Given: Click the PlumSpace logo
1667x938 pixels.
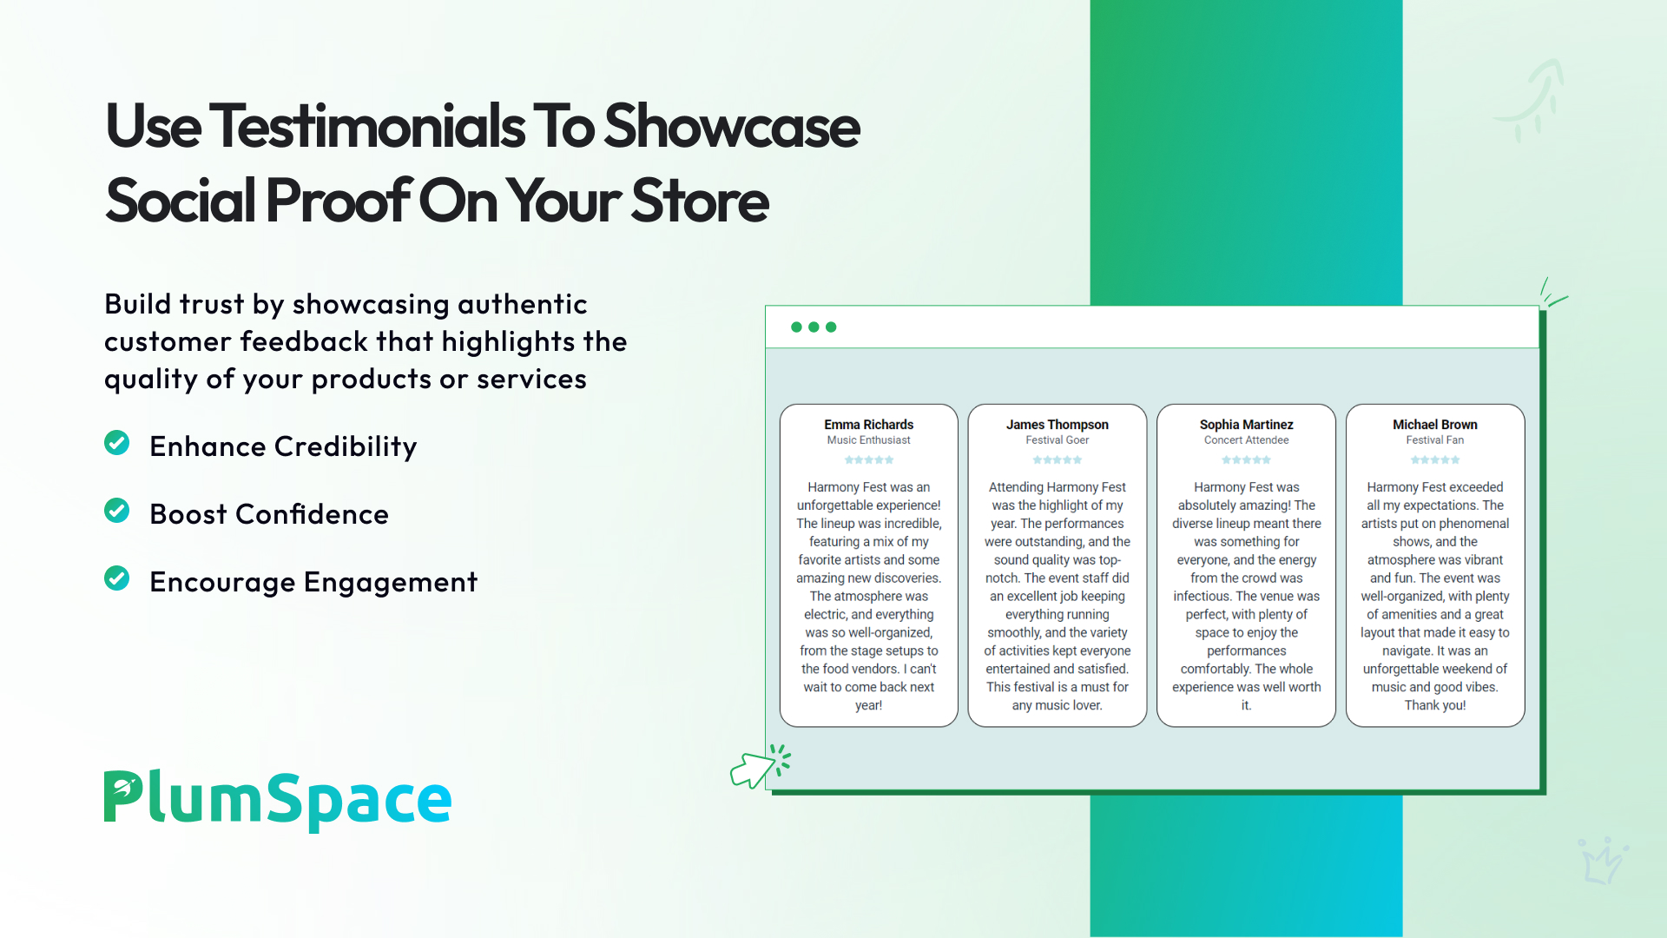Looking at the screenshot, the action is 278,799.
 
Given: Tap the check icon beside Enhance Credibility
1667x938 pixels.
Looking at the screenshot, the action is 117,443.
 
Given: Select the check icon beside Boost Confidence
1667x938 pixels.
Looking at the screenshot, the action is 117,511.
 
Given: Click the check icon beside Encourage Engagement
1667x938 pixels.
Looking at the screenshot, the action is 117,578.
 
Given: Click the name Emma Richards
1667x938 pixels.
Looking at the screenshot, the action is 868,425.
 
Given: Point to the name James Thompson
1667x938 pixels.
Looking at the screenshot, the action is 1058,425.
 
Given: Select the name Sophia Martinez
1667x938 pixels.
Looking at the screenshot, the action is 1247,425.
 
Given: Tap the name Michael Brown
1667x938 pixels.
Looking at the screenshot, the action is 1435,425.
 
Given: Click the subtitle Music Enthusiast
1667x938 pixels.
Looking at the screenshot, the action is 868,440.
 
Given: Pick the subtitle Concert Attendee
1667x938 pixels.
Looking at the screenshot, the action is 1247,440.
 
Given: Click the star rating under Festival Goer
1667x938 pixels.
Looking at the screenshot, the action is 1058,460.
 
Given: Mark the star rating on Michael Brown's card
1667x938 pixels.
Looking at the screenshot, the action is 1435,460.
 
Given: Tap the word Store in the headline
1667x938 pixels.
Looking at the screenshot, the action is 700,201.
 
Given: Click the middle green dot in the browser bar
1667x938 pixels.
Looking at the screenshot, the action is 814,327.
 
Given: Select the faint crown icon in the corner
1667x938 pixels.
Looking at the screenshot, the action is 1602,861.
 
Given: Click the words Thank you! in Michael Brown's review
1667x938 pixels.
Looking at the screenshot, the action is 1435,705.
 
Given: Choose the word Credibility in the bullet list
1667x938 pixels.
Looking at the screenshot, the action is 346,447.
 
